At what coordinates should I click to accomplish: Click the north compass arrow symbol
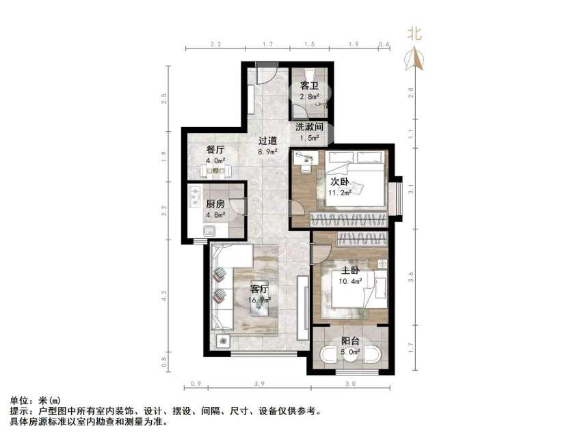point(414,60)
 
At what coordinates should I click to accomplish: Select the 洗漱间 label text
point(309,127)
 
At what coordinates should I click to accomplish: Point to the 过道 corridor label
point(267,141)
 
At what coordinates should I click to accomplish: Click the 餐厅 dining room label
point(215,150)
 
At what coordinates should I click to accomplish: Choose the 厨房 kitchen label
point(216,203)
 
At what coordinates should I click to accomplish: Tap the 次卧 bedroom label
point(340,182)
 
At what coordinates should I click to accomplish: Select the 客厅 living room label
point(260,288)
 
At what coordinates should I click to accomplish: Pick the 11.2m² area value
point(339,193)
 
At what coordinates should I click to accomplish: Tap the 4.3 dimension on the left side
point(164,296)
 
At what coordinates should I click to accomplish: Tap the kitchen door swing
point(237,206)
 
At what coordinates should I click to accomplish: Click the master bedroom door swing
point(319,253)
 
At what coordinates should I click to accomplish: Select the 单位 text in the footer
point(20,401)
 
